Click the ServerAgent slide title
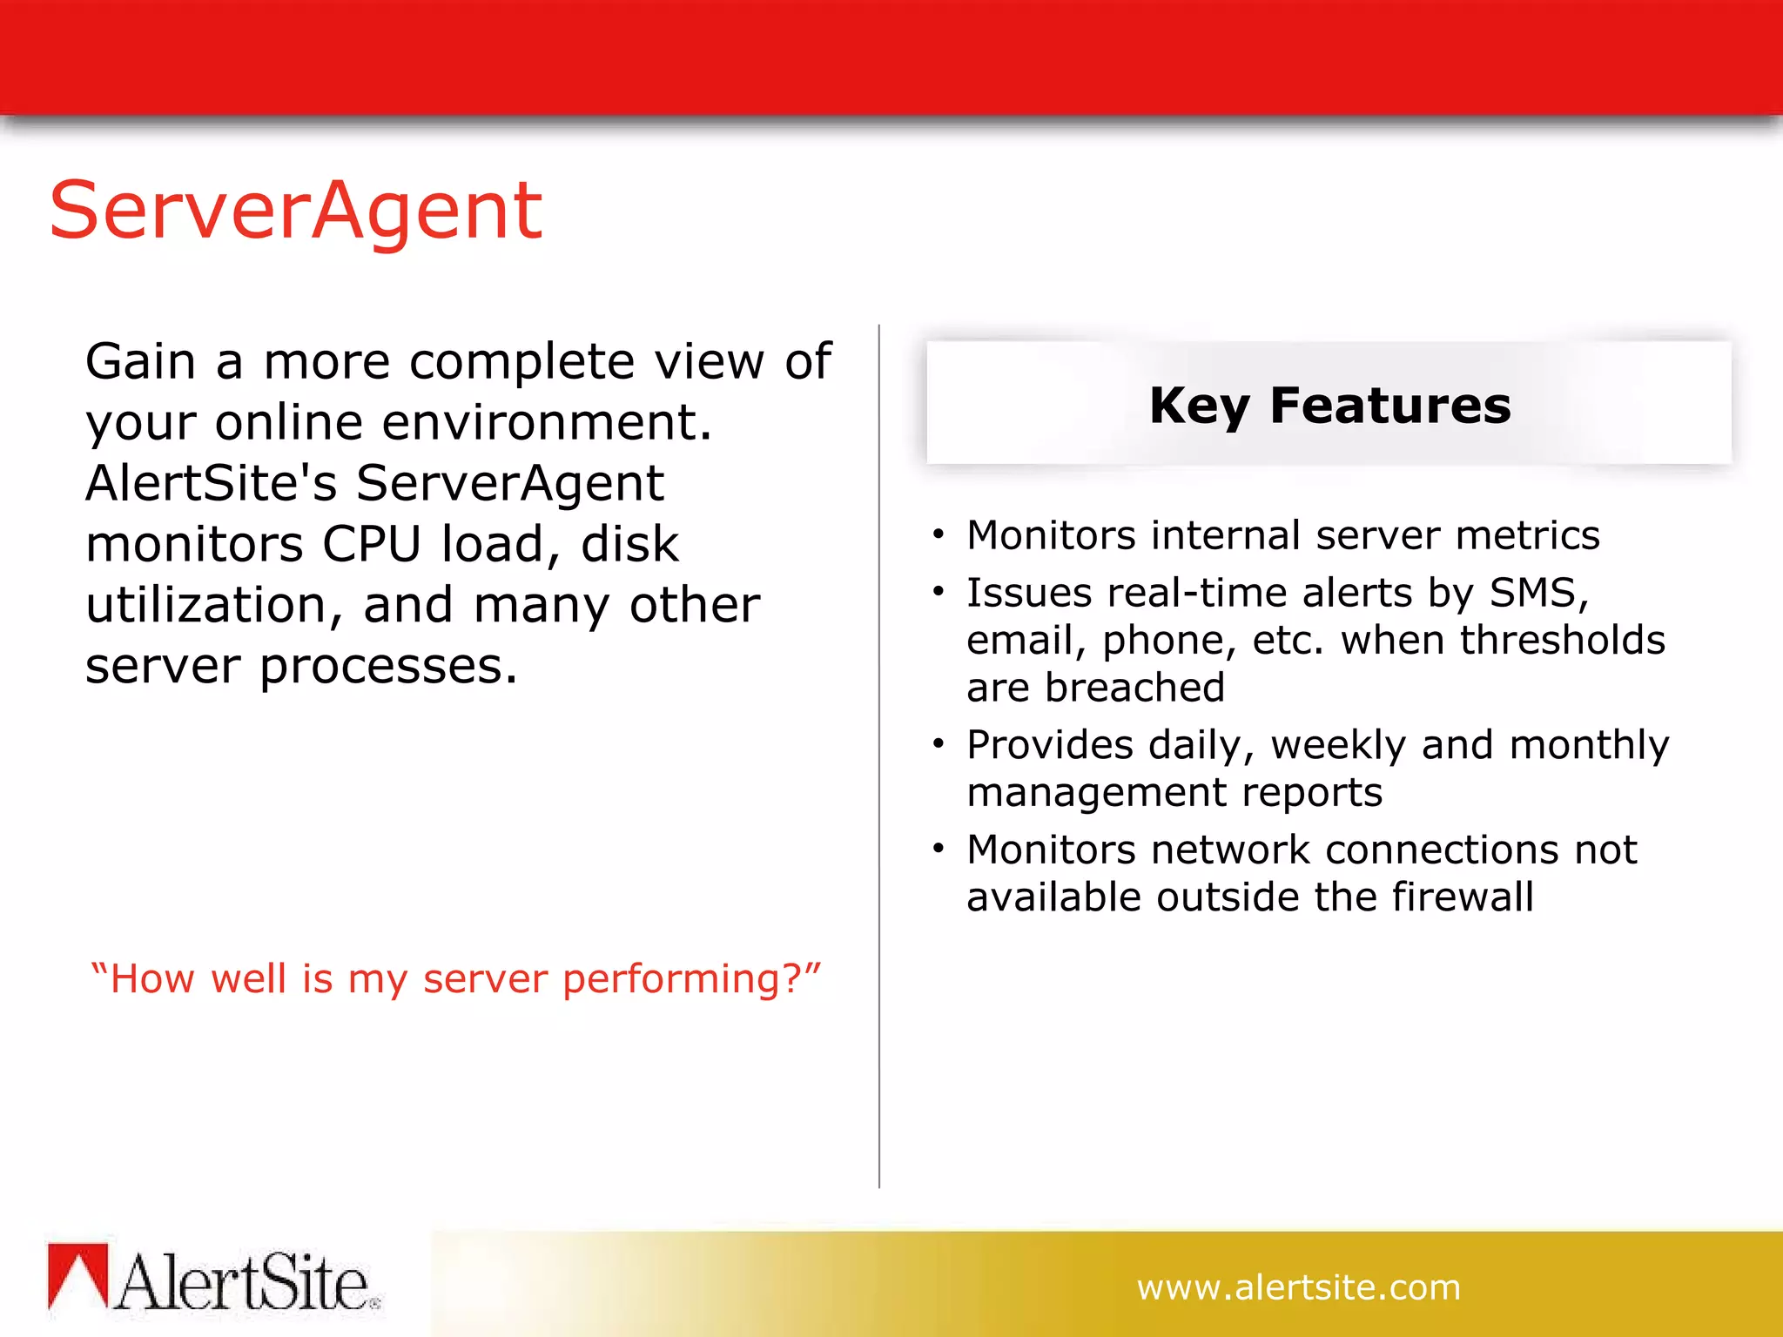[x=296, y=210]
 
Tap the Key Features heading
[x=1329, y=406]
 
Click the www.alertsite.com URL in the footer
[x=1298, y=1287]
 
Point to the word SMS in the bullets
[x=1537, y=593]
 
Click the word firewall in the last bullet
[x=1463, y=897]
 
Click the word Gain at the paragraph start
[x=140, y=362]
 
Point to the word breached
[x=1134, y=688]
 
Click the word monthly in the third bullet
[x=1589, y=746]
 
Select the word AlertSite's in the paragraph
[x=211, y=484]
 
